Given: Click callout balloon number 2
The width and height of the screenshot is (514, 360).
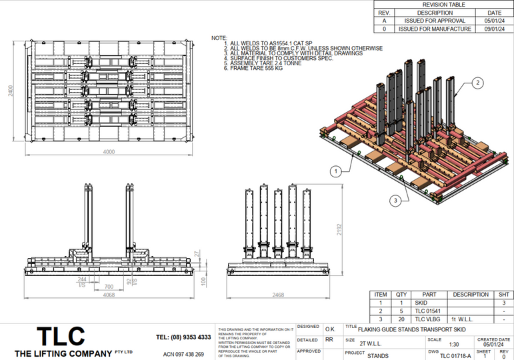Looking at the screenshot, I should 477,83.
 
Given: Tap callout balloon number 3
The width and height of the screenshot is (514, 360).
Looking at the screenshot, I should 395,199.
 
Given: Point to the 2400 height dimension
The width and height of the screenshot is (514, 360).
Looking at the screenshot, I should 10,91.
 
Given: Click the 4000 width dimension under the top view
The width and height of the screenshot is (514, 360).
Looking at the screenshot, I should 109,152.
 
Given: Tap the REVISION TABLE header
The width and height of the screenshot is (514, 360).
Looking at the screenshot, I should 443,4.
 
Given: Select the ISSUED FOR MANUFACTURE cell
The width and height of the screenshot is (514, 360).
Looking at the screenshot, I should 435,29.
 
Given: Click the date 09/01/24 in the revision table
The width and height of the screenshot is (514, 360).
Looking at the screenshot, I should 494,29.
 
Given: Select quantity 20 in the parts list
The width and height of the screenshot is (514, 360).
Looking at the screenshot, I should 401,319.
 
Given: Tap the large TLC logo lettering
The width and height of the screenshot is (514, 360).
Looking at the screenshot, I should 61,335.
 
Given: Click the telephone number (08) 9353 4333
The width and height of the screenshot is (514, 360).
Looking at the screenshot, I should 183,337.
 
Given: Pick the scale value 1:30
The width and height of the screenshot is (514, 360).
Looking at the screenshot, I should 454,344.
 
